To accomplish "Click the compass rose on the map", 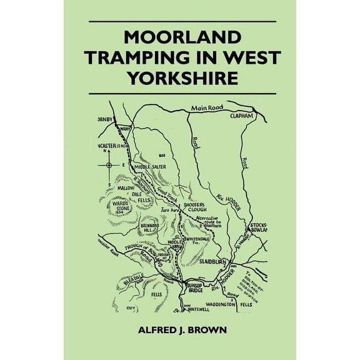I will click(x=109, y=165).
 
